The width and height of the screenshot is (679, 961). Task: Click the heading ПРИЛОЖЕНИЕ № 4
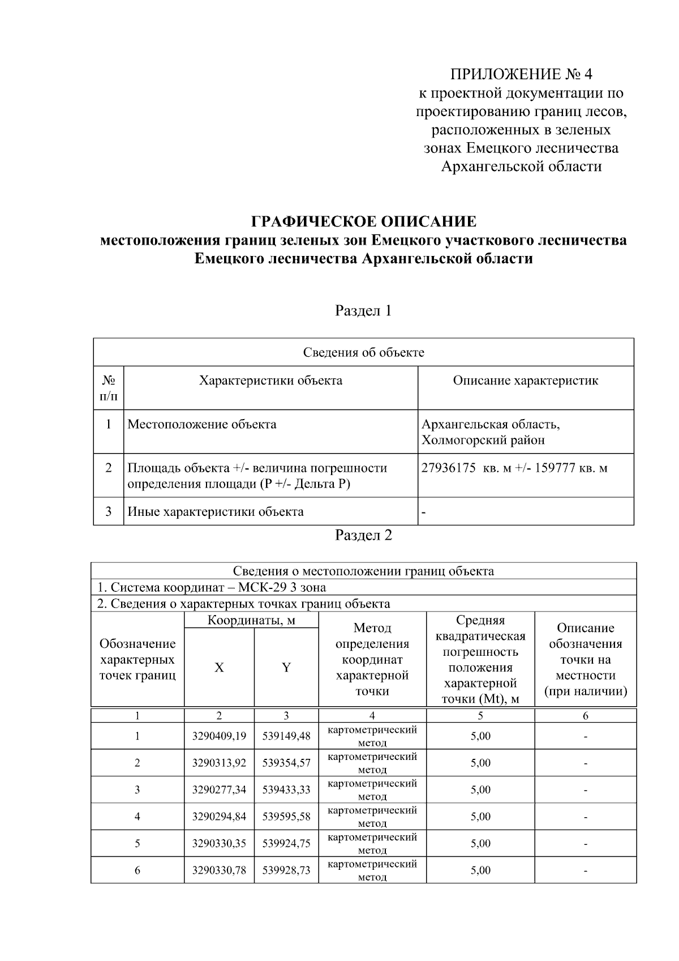521,74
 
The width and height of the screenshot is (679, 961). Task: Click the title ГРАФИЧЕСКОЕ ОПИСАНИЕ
363,221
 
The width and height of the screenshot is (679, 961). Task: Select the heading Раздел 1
363,311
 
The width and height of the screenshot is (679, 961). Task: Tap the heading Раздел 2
363,535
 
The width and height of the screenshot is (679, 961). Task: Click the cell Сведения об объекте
363,353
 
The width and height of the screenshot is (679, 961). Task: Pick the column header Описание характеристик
525,381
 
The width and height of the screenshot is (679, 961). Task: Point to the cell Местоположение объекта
202,424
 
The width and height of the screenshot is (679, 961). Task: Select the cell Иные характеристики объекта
216,512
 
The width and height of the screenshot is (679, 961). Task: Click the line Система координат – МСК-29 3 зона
212,587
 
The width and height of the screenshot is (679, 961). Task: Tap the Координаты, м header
251,620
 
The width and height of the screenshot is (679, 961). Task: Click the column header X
219,668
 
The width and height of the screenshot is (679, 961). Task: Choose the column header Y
286,668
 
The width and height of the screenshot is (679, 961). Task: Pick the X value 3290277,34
219,789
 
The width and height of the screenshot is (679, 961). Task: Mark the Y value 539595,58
286,817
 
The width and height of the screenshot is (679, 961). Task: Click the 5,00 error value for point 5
480,843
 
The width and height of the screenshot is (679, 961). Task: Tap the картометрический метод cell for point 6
372,870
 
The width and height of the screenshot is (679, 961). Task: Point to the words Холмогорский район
483,440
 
